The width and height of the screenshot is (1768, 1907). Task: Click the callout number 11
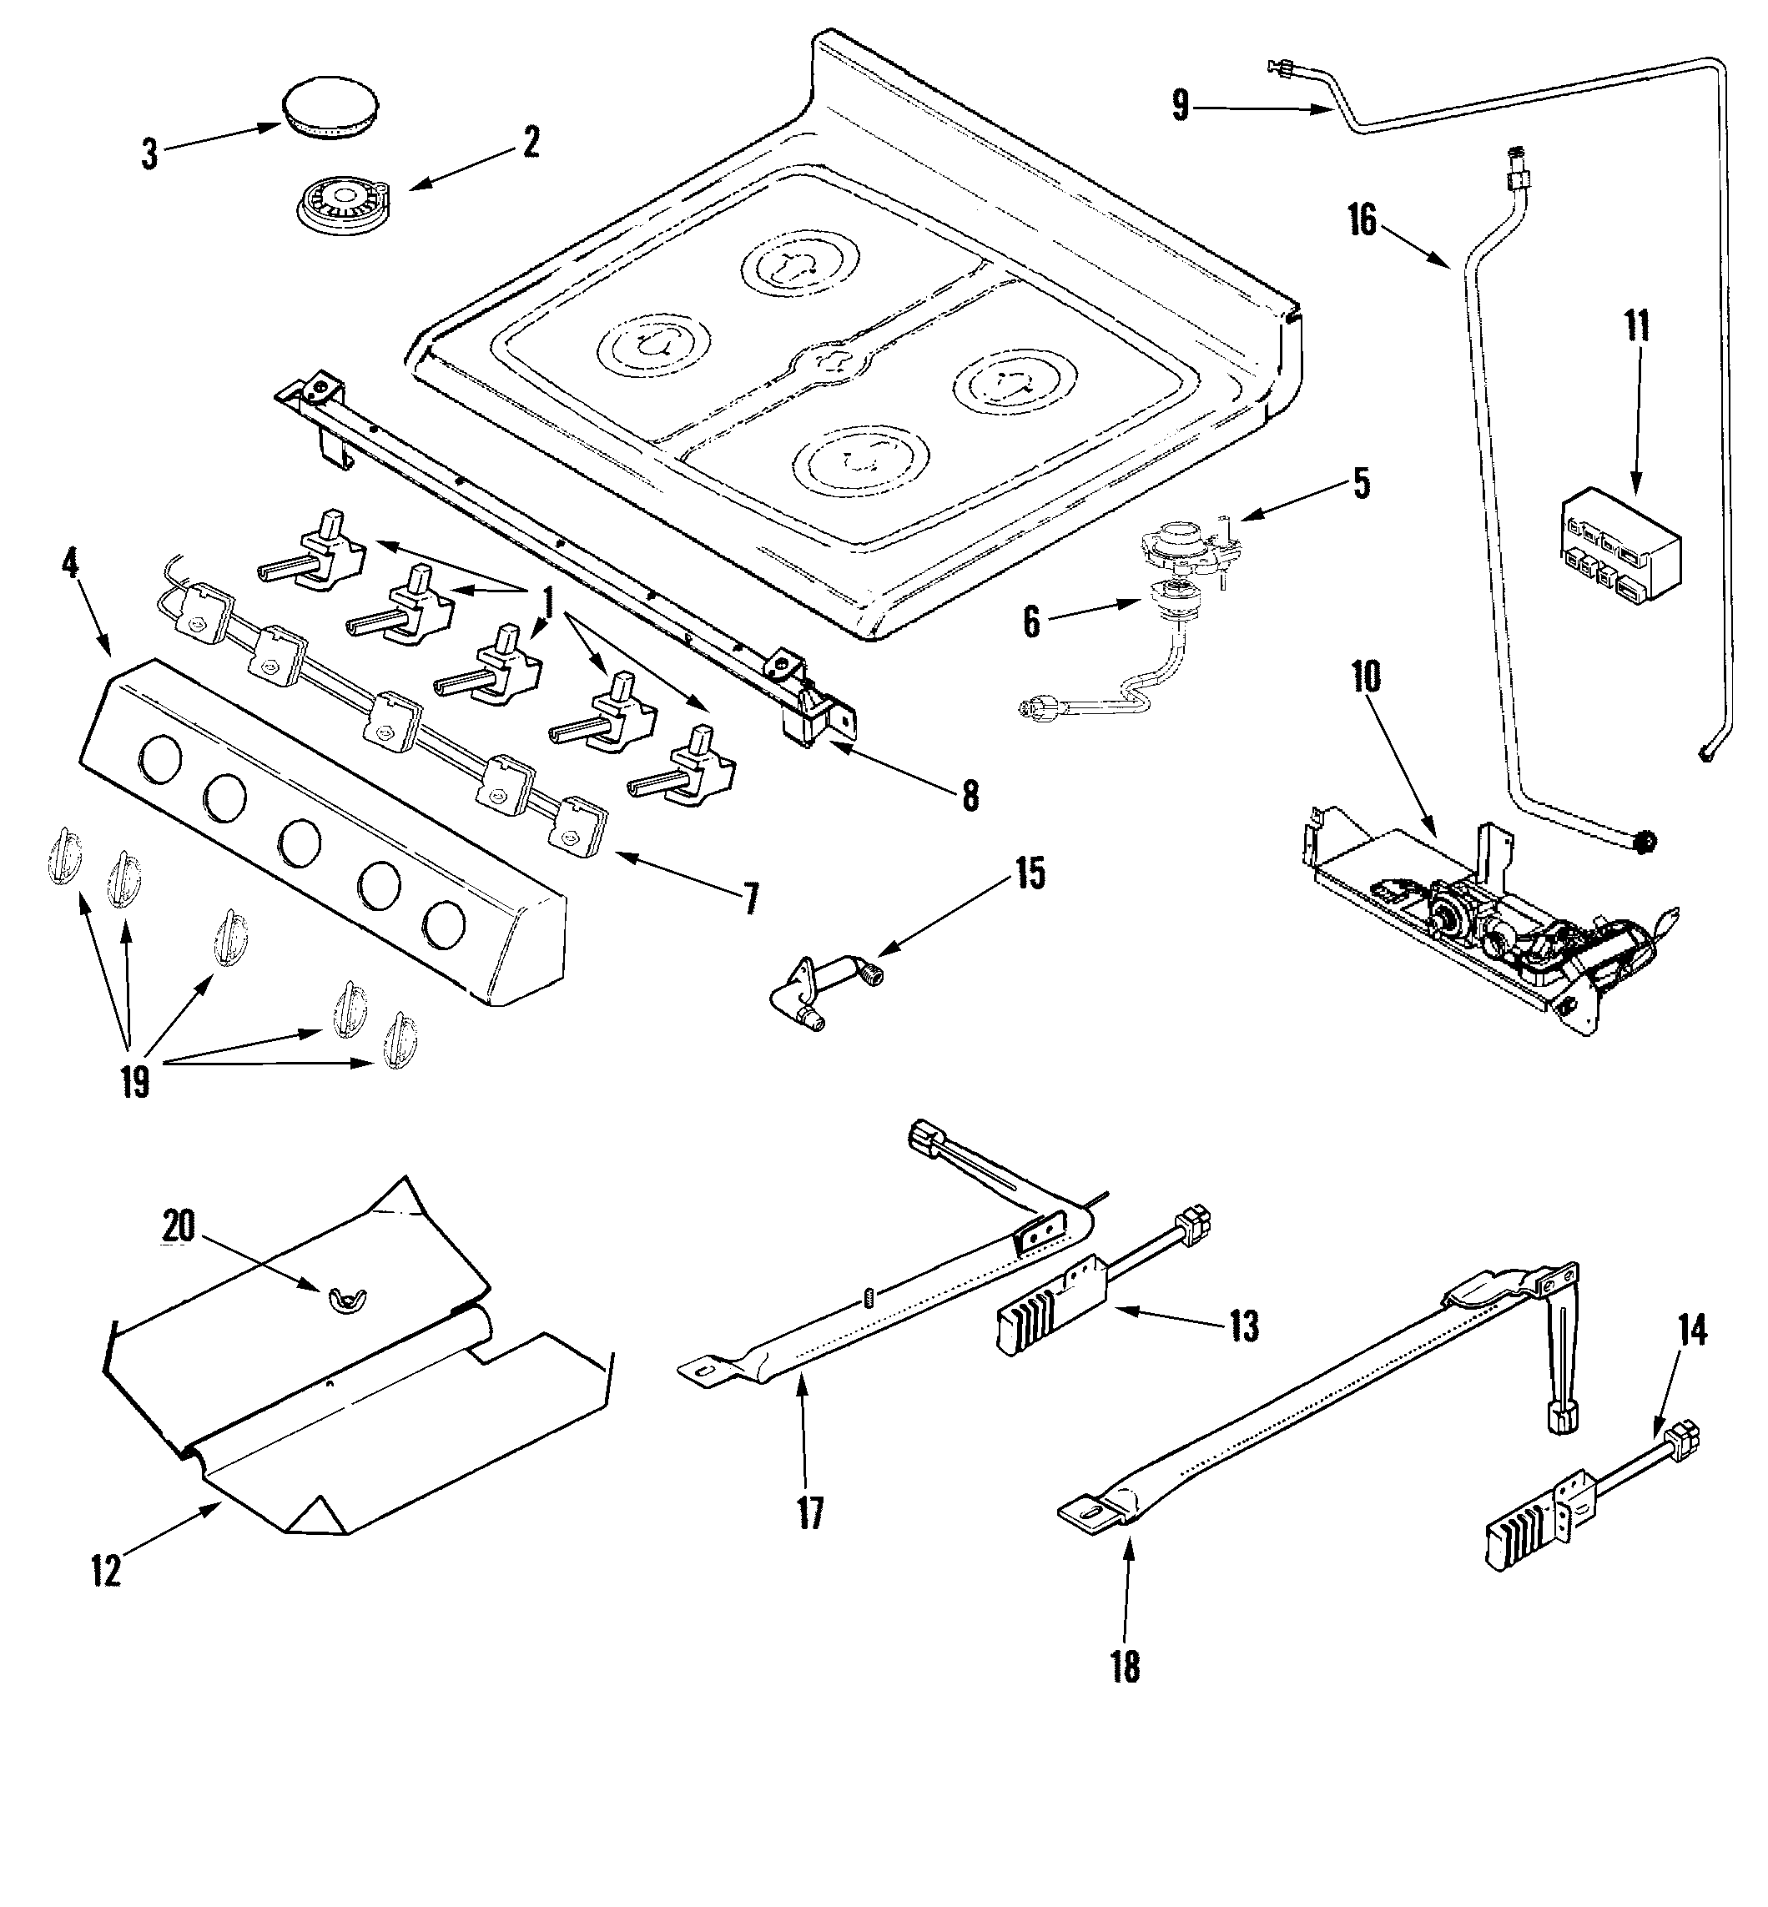click(1637, 326)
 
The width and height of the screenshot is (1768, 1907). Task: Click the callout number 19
click(135, 1082)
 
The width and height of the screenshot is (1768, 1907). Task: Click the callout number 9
click(1181, 105)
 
